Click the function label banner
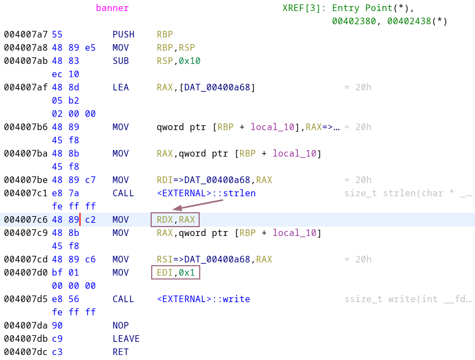[112, 8]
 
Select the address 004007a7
[26, 34]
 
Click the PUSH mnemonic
[123, 34]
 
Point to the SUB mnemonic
[121, 61]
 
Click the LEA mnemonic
[121, 87]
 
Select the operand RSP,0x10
[178, 61]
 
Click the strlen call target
[206, 193]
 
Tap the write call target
[203, 299]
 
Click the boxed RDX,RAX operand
[175, 219]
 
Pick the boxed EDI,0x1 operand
[175, 272]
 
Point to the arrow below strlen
[198, 205]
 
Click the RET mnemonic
[121, 352]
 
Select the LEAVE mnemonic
[126, 338]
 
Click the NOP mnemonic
[121, 325]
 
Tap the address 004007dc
[26, 352]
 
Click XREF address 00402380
[354, 21]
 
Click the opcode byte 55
[57, 34]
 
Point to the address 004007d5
[26, 299]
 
